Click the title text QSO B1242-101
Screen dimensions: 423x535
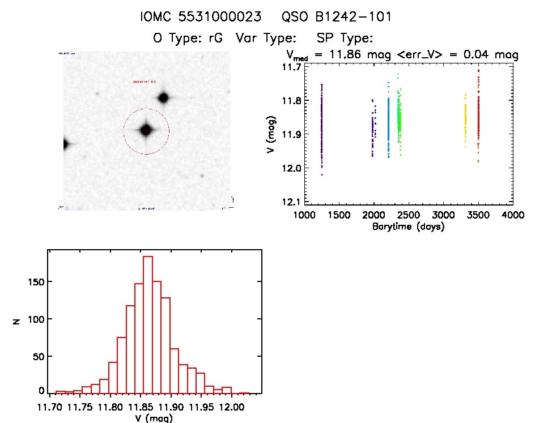345,18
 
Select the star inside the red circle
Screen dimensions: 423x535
146,130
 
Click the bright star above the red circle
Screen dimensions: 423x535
164,97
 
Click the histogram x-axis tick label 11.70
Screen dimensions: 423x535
49,407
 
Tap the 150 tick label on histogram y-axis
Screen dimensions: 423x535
35,281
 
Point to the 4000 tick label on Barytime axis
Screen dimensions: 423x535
512,216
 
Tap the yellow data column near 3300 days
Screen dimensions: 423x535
465,122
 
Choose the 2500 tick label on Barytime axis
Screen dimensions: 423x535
408,216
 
